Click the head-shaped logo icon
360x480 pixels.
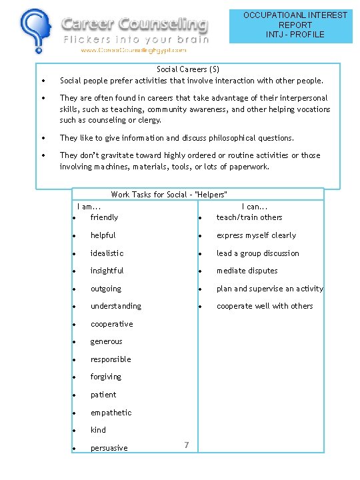[34, 31]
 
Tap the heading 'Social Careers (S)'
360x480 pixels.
[187, 69]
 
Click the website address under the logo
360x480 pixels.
[133, 50]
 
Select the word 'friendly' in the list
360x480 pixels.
[104, 217]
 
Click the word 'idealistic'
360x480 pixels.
[107, 253]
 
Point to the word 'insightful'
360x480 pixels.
[107, 271]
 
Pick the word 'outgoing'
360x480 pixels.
[106, 289]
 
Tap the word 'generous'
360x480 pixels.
[107, 341]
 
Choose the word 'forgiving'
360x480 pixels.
[106, 377]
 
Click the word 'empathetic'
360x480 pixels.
[111, 413]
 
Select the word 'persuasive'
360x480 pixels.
[109, 448]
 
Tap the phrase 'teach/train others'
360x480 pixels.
[249, 217]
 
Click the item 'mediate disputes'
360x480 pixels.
[247, 271]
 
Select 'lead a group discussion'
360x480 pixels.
[257, 253]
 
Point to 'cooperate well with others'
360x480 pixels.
[264, 306]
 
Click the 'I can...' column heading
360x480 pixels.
[255, 207]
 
